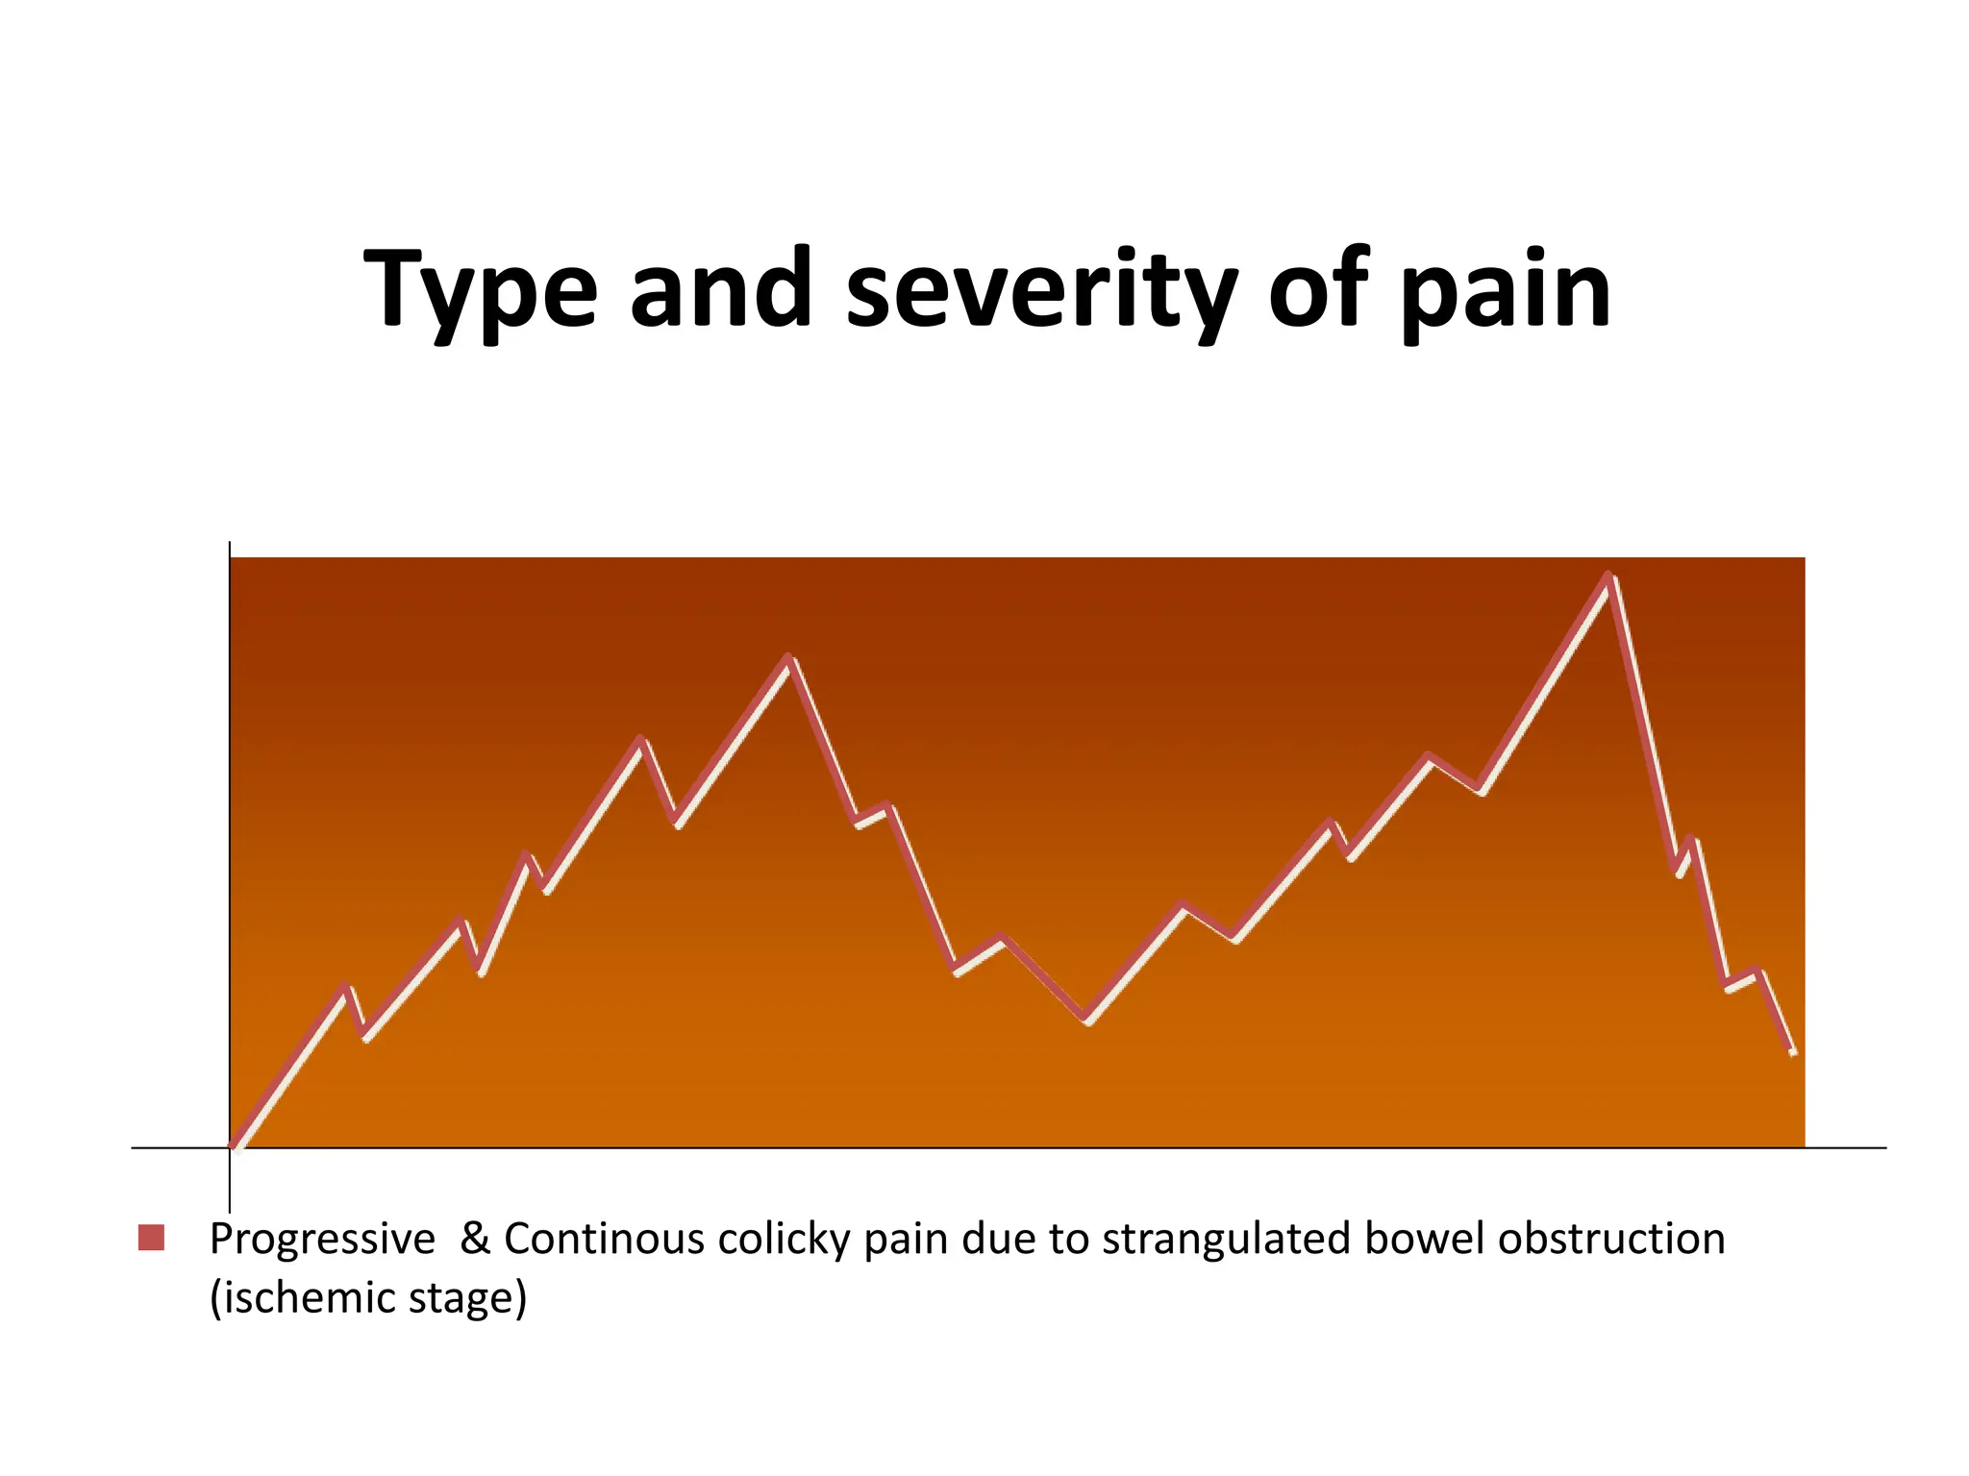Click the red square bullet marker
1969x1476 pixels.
[151, 1238]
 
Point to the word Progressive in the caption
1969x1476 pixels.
[322, 1240]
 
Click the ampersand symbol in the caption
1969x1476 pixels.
[475, 1239]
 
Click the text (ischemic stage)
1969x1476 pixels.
[368, 1298]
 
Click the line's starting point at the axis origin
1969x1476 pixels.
[234, 1145]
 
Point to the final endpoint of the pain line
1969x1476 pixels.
[1793, 1053]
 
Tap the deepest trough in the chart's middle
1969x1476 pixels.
[1087, 1020]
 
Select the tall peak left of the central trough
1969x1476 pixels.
[788, 658]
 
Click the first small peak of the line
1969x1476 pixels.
[346, 987]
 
